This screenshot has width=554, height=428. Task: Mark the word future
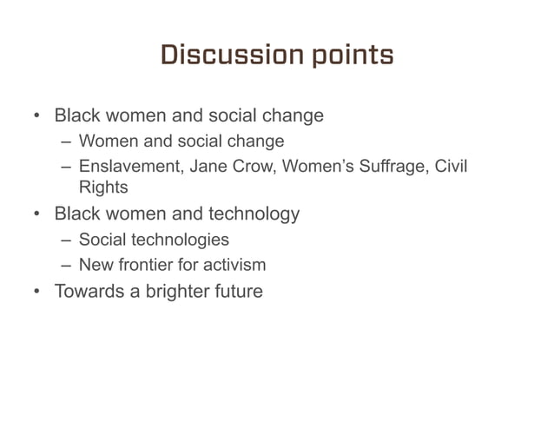tap(236, 292)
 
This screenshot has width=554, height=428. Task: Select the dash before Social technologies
tap(66, 240)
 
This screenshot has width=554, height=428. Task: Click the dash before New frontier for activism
tap(66, 264)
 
